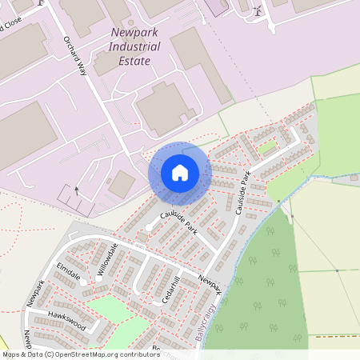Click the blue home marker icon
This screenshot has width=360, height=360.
tap(179, 173)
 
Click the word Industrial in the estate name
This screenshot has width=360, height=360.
tap(134, 46)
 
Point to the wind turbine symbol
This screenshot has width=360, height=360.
tap(258, 11)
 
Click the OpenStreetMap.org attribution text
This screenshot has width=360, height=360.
tap(96, 354)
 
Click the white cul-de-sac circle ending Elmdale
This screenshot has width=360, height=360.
tap(82, 282)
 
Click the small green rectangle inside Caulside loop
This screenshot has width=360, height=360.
tap(267, 147)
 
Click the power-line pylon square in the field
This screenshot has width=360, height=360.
tap(338, 270)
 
